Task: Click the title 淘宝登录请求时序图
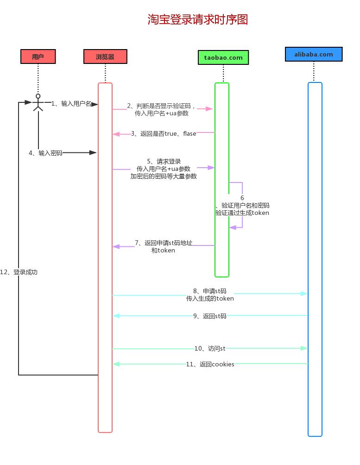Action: coord(198,19)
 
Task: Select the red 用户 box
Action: coord(38,57)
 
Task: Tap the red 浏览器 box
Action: coord(105,57)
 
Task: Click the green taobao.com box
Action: coord(223,57)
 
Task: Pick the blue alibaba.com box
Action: coord(314,54)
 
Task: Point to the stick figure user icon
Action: coord(38,102)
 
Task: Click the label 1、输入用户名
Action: coord(71,103)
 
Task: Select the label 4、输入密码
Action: coord(45,153)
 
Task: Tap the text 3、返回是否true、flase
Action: coord(164,134)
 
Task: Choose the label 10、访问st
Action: coord(209,348)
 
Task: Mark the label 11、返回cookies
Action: coord(210,364)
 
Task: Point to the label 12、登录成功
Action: coord(19,272)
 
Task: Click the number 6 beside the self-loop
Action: coord(242,198)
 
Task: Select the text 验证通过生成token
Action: coord(242,213)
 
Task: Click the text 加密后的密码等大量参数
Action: coord(164,176)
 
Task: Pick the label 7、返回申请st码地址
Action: coord(163,243)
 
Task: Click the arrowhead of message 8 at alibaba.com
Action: coord(304,294)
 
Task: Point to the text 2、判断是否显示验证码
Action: coord(162,106)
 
